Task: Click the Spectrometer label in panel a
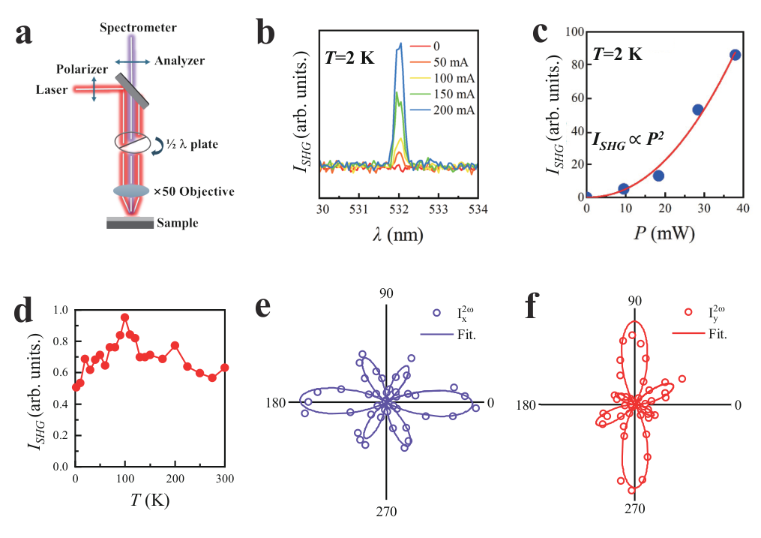(x=139, y=29)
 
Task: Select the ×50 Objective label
(x=193, y=192)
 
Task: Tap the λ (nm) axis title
(x=400, y=234)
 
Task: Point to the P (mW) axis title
(x=663, y=234)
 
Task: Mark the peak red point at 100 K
(x=124, y=317)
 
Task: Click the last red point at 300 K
(x=224, y=368)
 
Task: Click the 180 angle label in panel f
(x=526, y=405)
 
